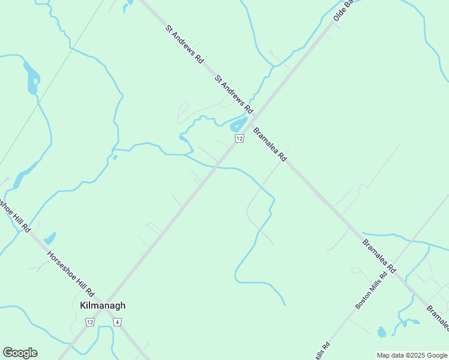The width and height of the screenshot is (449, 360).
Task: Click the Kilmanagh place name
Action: (x=103, y=305)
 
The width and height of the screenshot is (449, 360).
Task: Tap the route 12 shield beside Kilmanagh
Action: (x=90, y=322)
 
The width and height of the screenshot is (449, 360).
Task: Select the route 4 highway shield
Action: (x=118, y=322)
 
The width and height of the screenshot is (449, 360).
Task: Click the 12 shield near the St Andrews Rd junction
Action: (x=239, y=139)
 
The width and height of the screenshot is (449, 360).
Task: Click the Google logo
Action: (x=20, y=353)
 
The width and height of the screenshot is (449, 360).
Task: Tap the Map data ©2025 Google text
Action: (x=412, y=355)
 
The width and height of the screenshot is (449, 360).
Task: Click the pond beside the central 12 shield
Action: (x=238, y=125)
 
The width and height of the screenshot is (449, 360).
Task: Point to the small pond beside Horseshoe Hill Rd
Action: (x=50, y=238)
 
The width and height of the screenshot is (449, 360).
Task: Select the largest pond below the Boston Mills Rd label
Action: (x=381, y=332)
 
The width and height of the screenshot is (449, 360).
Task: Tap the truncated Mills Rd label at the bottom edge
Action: (x=323, y=351)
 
